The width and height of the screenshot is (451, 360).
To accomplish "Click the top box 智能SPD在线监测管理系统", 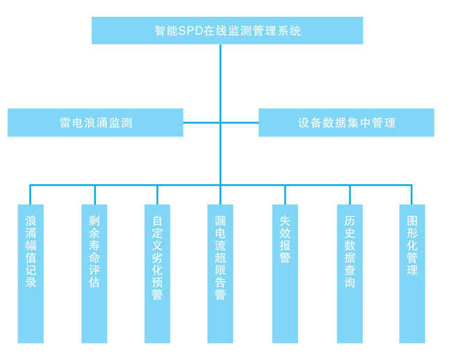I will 227,31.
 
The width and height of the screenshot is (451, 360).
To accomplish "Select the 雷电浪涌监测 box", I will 95,122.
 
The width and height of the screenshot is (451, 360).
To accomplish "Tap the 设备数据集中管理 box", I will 346,122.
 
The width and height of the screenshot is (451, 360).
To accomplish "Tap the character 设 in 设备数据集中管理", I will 304,123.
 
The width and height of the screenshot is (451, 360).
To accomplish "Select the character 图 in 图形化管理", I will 412,220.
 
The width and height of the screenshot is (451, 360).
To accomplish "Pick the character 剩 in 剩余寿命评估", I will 95,220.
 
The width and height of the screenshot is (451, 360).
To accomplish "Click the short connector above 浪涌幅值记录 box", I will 31,195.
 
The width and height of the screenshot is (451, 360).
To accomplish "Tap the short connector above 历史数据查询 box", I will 350,195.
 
